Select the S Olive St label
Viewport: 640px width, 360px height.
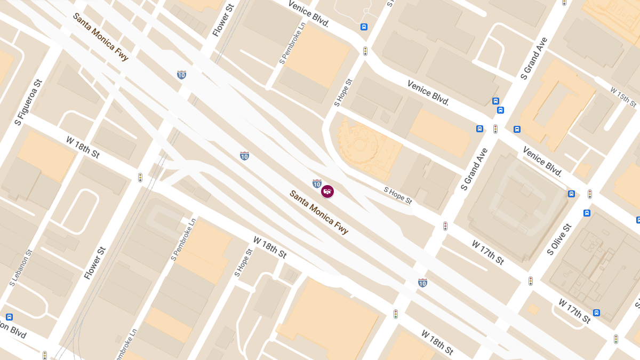(559, 239)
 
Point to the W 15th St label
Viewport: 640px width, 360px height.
(623, 97)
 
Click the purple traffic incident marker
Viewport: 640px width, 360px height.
(327, 191)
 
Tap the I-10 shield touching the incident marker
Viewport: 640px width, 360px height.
(317, 184)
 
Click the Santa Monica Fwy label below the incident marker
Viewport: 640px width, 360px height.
(319, 212)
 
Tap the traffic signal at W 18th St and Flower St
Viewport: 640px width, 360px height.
(140, 177)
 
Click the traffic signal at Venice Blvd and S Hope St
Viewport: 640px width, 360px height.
(365, 51)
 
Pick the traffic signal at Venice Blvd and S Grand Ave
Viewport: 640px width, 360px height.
(495, 129)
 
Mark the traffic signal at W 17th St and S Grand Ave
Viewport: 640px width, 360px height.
(445, 226)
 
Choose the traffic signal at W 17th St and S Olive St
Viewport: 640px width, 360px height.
(531, 281)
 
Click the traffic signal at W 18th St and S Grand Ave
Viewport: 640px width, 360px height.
(396, 314)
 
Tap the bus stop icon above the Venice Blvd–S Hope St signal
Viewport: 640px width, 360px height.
(364, 27)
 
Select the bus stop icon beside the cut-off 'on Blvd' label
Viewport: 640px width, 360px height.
(9, 317)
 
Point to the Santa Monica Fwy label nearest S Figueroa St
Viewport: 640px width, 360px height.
(101, 37)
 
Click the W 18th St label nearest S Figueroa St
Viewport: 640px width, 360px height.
(83, 147)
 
